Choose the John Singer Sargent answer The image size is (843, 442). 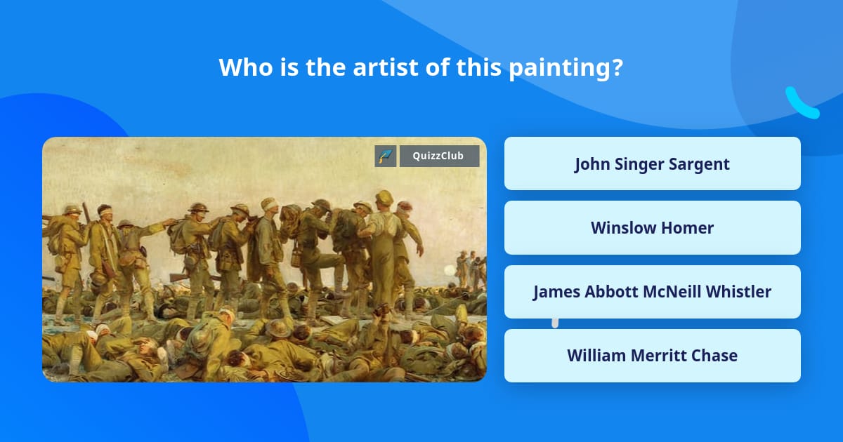coord(652,163)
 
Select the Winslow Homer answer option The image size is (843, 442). coord(652,228)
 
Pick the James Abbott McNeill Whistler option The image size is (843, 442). coord(652,292)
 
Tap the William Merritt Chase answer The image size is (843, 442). coord(652,356)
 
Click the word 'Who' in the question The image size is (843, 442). coord(240,67)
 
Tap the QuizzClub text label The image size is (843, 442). coord(439,156)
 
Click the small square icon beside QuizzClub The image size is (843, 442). coord(386,156)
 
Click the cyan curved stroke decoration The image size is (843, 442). coord(801,104)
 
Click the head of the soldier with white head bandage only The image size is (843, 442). coord(268,204)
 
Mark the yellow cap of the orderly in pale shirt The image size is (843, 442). coord(384,197)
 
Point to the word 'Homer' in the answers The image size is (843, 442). coord(691,228)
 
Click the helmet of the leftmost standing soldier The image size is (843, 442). coord(72,209)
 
